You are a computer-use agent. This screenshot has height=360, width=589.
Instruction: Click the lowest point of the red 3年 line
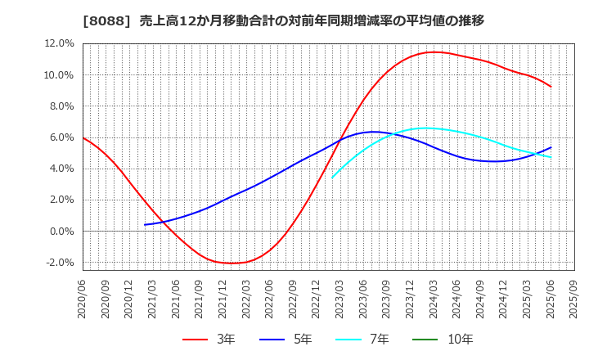tap(232, 263)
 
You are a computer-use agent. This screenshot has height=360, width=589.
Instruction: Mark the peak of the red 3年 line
tap(434, 52)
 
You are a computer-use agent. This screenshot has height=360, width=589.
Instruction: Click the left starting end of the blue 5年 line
tap(145, 225)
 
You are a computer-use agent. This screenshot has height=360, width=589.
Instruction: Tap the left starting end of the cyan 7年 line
tap(332, 178)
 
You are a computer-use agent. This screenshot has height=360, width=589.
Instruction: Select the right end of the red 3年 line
tap(551, 87)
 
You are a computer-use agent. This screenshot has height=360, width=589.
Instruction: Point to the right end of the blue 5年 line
tap(551, 147)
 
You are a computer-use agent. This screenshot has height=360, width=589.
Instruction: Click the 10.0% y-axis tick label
tap(58, 75)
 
